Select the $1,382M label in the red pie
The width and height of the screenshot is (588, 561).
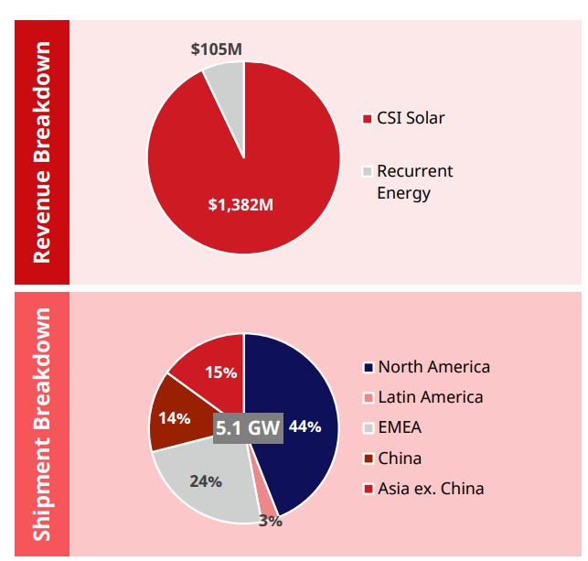click(x=241, y=202)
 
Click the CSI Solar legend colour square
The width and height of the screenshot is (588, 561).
click(x=368, y=118)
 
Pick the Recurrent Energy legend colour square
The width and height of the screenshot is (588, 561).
click(x=368, y=171)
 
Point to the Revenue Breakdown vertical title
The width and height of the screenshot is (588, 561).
click(x=42, y=151)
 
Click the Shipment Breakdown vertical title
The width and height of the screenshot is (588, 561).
click(x=42, y=423)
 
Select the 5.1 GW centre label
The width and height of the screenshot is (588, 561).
click(x=248, y=426)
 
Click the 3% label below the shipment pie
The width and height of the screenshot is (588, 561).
click(x=270, y=521)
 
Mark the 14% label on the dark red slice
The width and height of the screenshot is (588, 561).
click(x=175, y=418)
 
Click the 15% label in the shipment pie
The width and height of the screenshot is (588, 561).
click(x=221, y=372)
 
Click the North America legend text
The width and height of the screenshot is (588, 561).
click(x=433, y=367)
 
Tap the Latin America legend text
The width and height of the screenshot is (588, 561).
click(x=430, y=397)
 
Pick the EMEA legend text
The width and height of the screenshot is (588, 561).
click(x=400, y=427)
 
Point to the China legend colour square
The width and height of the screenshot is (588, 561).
click(x=368, y=459)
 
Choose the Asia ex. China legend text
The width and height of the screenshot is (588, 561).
click(x=431, y=489)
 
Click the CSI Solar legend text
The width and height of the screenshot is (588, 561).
click(x=411, y=118)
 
